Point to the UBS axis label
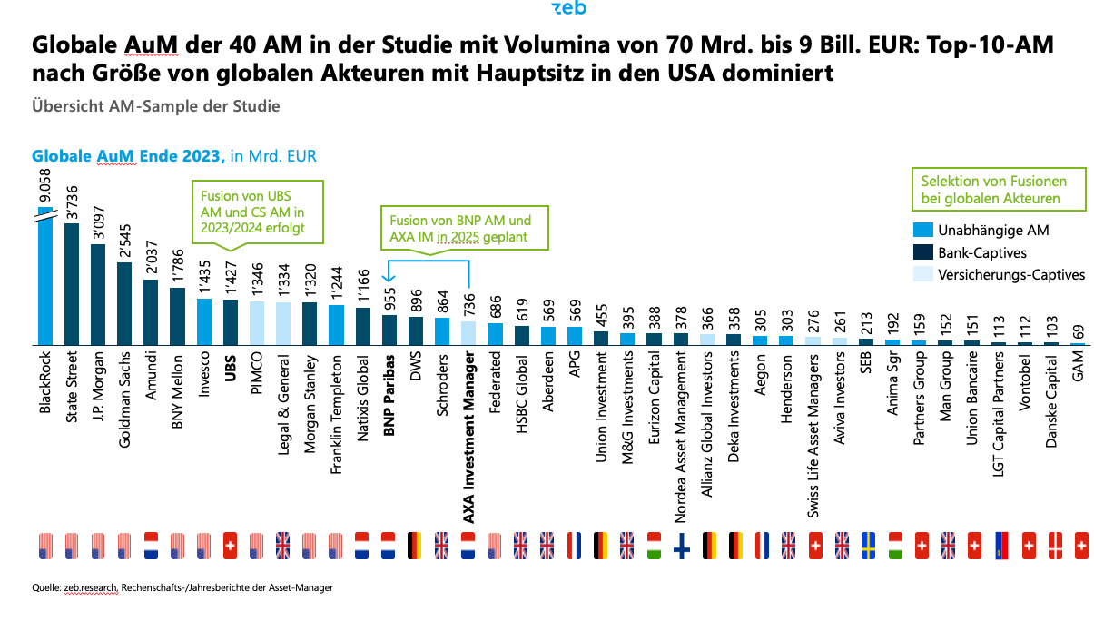coord(231,377)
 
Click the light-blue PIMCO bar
coord(257,323)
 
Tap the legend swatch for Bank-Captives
coord(925,252)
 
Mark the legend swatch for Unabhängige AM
coord(925,231)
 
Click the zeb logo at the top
coord(569,8)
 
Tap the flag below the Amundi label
coord(151,545)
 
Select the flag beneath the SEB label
coord(868,545)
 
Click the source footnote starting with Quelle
coord(182,587)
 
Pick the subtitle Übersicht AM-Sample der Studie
coord(156,105)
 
